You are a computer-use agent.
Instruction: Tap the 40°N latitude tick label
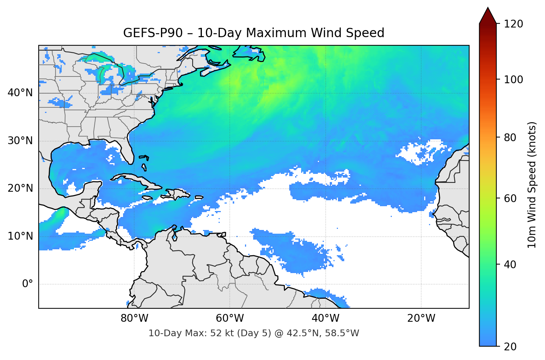(x=20, y=93)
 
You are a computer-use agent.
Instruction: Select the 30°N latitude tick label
(x=20, y=141)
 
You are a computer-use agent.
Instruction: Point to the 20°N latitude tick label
(x=20, y=188)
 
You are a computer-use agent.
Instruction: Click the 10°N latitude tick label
(x=20, y=236)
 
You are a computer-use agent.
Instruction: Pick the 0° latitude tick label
(x=27, y=284)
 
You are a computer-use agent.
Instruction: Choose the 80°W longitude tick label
(x=134, y=318)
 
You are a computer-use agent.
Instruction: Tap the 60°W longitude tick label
(x=230, y=318)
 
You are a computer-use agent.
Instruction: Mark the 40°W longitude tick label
(x=325, y=318)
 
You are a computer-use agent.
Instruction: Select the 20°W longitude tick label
(x=421, y=318)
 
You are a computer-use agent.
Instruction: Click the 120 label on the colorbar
(x=513, y=24)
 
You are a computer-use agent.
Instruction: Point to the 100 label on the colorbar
(x=513, y=80)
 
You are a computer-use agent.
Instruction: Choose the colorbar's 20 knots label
(x=510, y=347)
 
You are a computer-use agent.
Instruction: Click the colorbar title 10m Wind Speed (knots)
(x=532, y=185)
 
